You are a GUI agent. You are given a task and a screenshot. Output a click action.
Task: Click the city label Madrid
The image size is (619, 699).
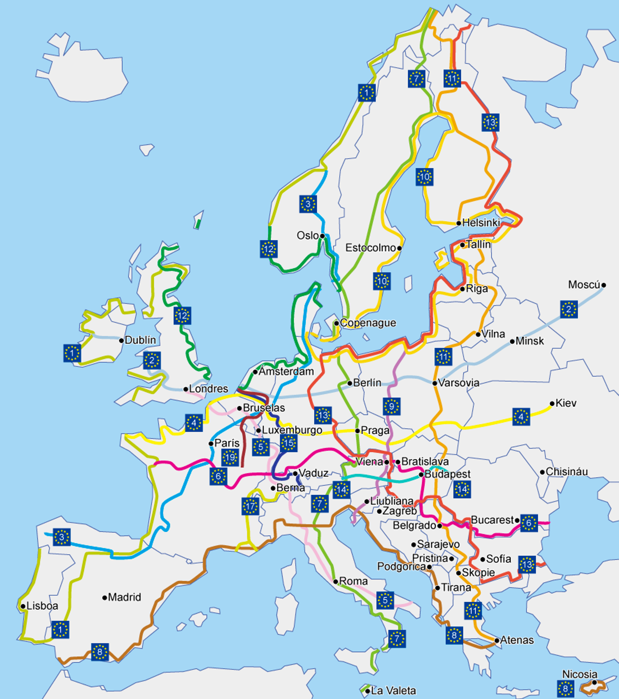point(124,597)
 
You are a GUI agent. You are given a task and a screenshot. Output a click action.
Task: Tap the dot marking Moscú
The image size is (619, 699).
point(604,285)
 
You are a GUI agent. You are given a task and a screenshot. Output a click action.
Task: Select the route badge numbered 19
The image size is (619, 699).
point(230,458)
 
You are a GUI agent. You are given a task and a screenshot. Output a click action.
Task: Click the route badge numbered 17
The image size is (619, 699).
point(250,506)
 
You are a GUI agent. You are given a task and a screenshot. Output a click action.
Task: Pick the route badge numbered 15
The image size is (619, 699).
point(289,443)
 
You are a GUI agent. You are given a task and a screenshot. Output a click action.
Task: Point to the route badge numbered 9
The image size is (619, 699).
point(392,407)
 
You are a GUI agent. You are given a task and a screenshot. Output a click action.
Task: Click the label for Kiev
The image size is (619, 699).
point(566,403)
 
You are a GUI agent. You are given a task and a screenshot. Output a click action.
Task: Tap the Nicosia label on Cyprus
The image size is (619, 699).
point(580,674)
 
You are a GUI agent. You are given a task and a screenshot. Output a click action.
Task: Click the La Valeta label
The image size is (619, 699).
point(393,690)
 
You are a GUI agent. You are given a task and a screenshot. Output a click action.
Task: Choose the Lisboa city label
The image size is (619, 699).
point(42,606)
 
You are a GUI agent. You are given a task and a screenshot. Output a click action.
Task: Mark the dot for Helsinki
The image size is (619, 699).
point(459,223)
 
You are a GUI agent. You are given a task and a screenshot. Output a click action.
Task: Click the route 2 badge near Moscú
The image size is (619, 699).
point(569,309)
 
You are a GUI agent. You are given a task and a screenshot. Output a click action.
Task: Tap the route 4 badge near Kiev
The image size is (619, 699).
point(521,417)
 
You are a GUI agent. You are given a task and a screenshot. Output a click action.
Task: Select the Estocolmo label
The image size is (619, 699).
point(370,248)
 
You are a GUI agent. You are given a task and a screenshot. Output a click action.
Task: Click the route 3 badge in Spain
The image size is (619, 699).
point(62,537)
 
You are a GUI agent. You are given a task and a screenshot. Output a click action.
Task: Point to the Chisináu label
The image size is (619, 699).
point(566,472)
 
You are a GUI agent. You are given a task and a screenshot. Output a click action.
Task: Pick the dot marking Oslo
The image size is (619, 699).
point(322,236)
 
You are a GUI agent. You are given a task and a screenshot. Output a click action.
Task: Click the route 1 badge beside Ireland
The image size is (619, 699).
point(72,353)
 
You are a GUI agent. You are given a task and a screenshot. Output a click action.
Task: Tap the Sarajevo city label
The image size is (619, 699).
point(438,544)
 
